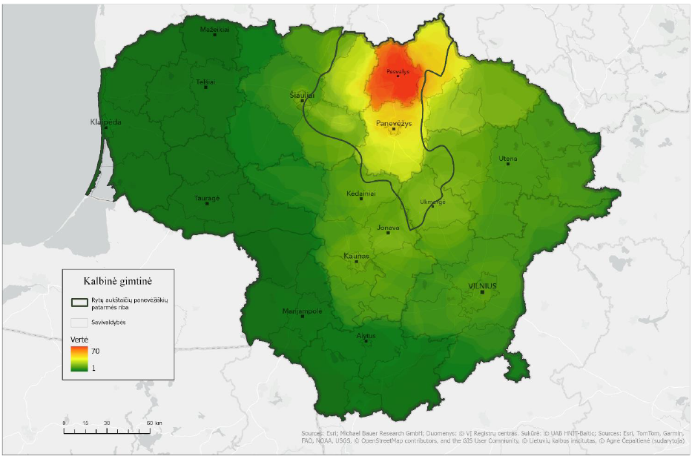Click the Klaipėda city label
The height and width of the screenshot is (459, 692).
[x=105, y=121]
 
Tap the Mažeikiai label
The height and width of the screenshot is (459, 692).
[x=215, y=30]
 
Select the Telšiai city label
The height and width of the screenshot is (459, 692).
[x=205, y=82]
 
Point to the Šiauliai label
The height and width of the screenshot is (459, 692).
[x=302, y=95]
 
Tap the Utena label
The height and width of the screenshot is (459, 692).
[x=508, y=159]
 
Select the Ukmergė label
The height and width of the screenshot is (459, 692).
[x=433, y=202]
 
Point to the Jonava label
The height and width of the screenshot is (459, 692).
[x=388, y=228]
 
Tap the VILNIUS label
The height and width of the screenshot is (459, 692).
[x=482, y=285]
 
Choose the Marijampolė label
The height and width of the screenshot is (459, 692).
[x=302, y=311]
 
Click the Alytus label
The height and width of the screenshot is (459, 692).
[x=366, y=335]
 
